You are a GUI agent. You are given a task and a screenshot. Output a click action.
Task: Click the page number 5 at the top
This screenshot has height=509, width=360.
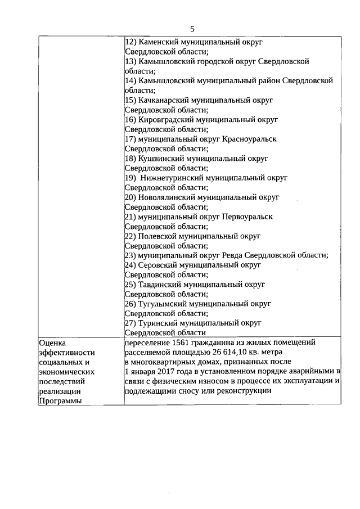[192, 29]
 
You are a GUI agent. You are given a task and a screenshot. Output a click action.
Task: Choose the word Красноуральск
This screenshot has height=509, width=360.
[249, 138]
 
